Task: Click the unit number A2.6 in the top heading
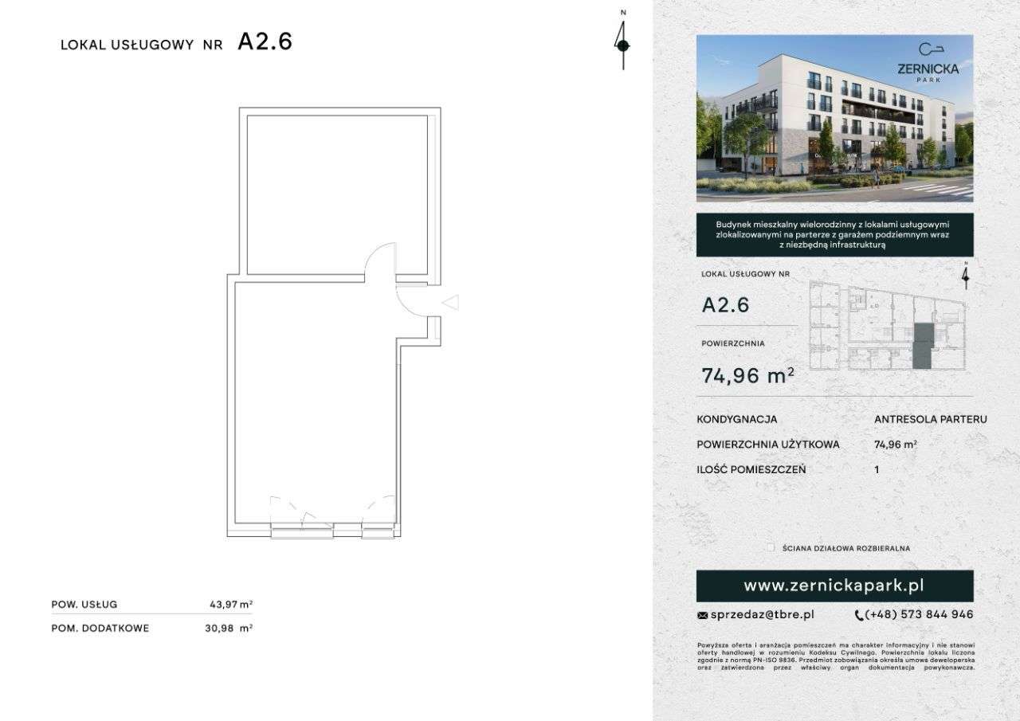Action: (x=265, y=42)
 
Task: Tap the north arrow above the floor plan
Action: (x=623, y=44)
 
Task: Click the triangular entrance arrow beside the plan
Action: (x=450, y=302)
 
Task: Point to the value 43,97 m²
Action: (x=230, y=605)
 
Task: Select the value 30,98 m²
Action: (x=229, y=628)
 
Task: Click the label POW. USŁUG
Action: (x=84, y=605)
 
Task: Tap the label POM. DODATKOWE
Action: (x=100, y=628)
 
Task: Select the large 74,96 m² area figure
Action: (x=747, y=375)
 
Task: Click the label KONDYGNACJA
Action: (x=737, y=419)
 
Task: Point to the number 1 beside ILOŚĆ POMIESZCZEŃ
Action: (x=877, y=469)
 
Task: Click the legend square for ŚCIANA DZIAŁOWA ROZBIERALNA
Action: (x=770, y=548)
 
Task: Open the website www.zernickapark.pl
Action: (x=834, y=586)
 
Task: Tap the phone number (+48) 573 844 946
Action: (x=919, y=614)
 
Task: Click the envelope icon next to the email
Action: (x=702, y=615)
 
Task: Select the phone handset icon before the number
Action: (x=858, y=615)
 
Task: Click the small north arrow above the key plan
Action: (x=966, y=275)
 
